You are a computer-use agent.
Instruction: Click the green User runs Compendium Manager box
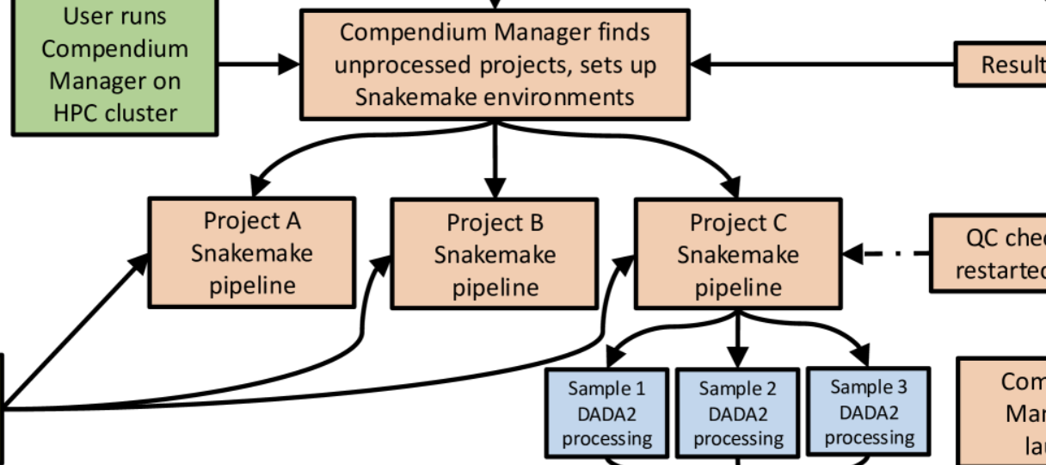point(114,65)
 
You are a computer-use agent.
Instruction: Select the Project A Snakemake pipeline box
point(252,252)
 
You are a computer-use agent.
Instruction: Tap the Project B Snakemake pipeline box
point(495,254)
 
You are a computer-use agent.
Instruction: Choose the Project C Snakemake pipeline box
point(738,254)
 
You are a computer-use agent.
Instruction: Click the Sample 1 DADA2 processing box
point(607,412)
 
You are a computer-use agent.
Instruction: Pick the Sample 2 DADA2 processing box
point(738,413)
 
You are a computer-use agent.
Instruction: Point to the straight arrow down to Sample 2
point(737,340)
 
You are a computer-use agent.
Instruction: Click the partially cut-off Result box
point(1002,65)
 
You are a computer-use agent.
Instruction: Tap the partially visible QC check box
point(989,254)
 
